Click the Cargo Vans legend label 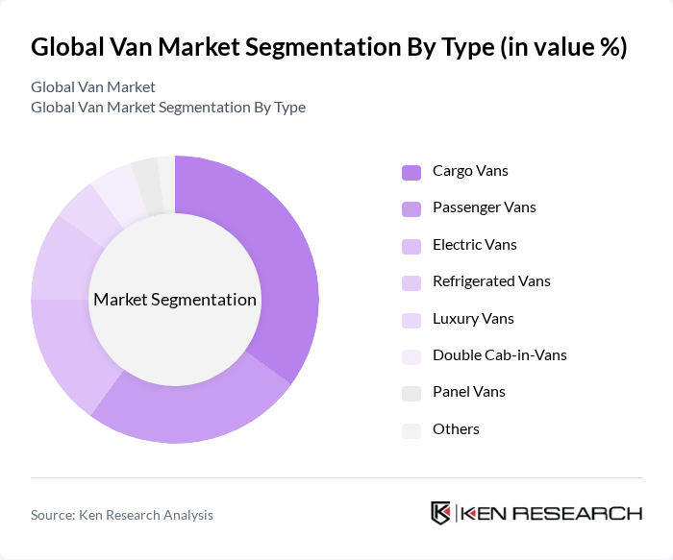pos(470,171)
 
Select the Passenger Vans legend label pos(484,207)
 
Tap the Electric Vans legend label pos(475,245)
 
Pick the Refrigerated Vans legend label pos(491,281)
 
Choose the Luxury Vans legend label pos(473,319)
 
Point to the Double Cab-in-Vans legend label pos(499,355)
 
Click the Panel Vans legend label pos(468,392)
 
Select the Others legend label pos(456,429)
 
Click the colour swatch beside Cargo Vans pos(411,172)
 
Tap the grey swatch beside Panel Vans pos(411,393)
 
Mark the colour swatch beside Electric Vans pos(411,246)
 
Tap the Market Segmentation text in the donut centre pos(175,300)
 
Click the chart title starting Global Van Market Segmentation pos(329,47)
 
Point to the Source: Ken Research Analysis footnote pos(122,515)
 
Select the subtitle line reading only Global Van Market pos(93,87)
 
